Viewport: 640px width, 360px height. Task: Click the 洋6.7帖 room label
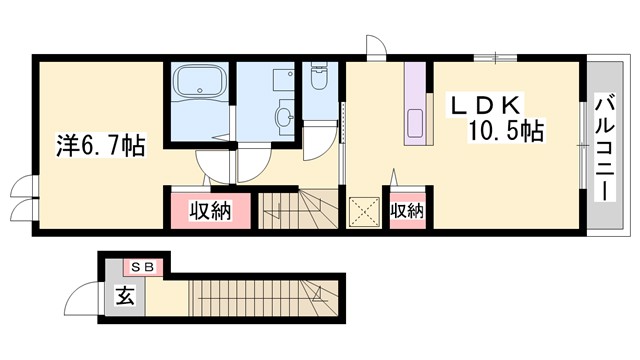[99, 146]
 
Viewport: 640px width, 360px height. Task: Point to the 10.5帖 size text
[507, 131]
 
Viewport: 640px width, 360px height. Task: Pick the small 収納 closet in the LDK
[406, 211]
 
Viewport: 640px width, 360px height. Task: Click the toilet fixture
[319, 81]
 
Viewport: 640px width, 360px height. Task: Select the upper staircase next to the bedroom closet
[299, 210]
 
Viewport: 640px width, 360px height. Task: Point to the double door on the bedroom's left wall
[21, 200]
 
